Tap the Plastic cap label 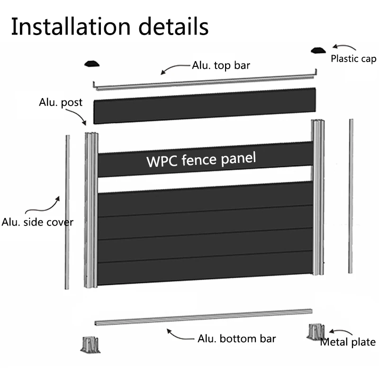pos(353,59)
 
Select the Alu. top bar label pos(221,65)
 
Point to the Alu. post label pos(61,102)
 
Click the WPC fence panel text pos(201,159)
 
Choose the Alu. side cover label pos(38,222)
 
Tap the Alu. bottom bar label pos(237,338)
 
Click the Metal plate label pos(348,342)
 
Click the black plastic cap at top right pos(317,50)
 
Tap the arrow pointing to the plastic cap pos(343,47)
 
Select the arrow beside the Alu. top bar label pos(175,69)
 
